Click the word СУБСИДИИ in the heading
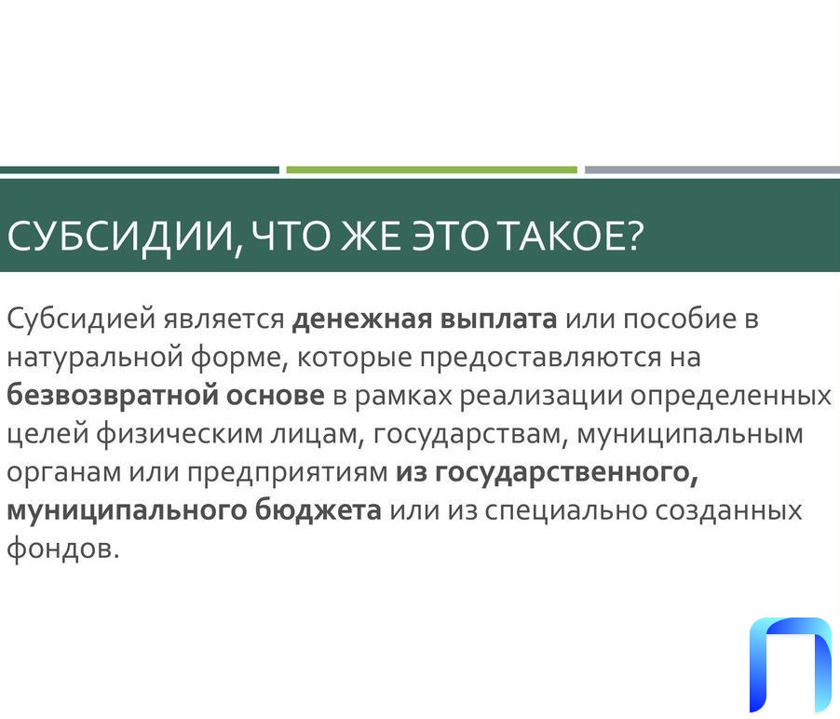point(121,237)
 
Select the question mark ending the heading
point(634,236)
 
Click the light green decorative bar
point(432,170)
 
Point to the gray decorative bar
point(712,170)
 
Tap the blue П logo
point(791,665)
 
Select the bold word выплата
point(498,319)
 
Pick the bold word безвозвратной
point(113,395)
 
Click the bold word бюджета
point(318,509)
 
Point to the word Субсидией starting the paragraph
point(81,319)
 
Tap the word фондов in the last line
point(60,549)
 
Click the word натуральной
point(95,358)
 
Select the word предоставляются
point(540,358)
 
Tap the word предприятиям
point(288,472)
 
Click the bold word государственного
point(566,472)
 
